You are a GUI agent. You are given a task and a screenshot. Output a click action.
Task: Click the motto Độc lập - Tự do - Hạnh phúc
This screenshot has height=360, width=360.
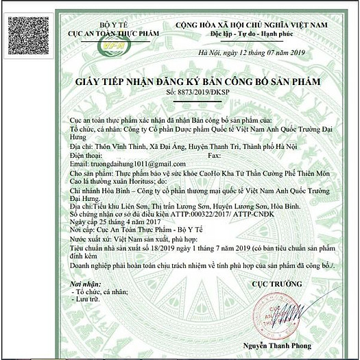(259, 33)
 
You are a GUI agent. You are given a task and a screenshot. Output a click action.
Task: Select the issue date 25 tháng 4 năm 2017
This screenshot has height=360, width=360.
(128, 222)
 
